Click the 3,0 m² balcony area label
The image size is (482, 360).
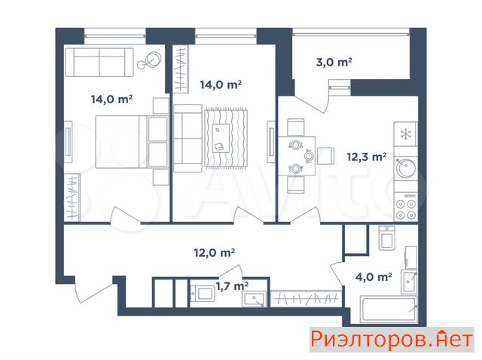(334, 63)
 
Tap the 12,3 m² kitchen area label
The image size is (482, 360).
(367, 157)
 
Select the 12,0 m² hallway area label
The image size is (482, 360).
(215, 253)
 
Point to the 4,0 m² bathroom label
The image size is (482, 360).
(374, 277)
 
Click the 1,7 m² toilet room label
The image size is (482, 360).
(232, 286)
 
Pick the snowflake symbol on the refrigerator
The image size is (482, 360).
(406, 134)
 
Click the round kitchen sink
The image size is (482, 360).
(406, 168)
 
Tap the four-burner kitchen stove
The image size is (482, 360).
(406, 206)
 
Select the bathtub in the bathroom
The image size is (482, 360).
(389, 310)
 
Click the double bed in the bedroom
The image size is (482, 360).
(132, 142)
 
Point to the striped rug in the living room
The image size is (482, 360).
(226, 139)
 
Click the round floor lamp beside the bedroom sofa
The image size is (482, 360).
(150, 60)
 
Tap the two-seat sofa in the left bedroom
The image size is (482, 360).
(99, 62)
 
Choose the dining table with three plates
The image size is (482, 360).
(297, 156)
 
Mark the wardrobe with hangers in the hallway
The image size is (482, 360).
(307, 298)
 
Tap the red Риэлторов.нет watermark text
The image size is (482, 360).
(392, 340)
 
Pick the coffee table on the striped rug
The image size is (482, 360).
(221, 138)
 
